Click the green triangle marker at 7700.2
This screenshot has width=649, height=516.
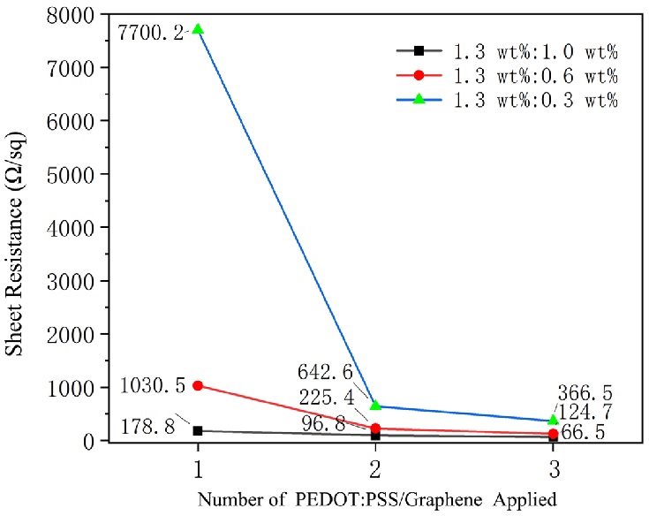(199, 29)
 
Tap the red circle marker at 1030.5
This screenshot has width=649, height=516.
(199, 386)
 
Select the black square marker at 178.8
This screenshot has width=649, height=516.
(199, 431)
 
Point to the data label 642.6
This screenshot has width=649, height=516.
(336, 370)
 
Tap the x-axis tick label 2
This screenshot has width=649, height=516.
(375, 464)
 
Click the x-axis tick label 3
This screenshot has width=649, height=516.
(552, 464)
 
